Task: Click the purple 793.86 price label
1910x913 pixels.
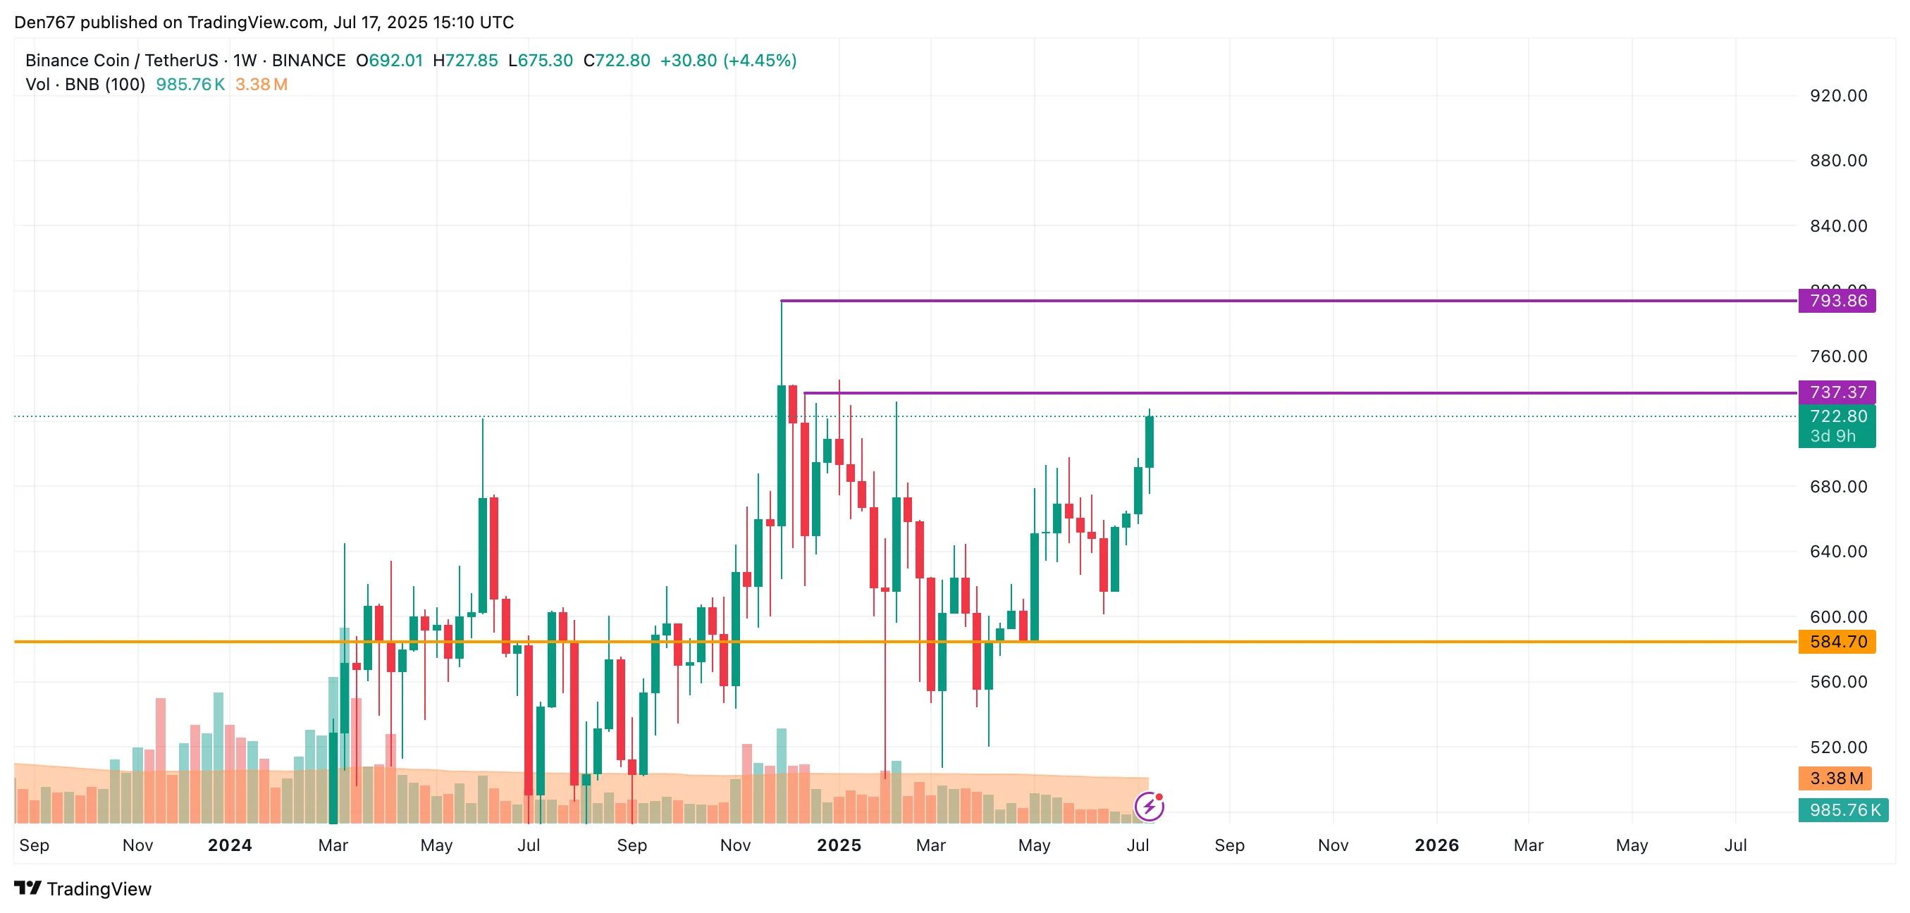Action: (x=1837, y=301)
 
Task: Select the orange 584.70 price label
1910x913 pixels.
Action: (x=1837, y=642)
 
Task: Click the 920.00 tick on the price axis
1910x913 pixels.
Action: (x=1838, y=96)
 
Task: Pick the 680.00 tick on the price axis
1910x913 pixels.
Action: (x=1838, y=487)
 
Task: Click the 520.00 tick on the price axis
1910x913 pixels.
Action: (x=1838, y=747)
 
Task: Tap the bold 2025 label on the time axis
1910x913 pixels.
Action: (x=839, y=845)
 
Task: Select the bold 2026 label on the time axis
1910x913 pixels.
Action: (x=1436, y=845)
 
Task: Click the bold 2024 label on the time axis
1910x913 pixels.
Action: (x=230, y=845)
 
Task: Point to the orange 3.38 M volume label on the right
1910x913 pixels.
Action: (x=1835, y=778)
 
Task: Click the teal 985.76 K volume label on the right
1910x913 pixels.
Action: (x=1844, y=810)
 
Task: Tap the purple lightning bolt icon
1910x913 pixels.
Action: (x=1150, y=807)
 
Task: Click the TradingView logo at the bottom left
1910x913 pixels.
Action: (x=82, y=888)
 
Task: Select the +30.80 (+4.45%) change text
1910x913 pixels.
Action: (x=728, y=61)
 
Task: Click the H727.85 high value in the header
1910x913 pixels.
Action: (x=465, y=61)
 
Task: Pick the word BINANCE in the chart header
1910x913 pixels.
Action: (x=309, y=61)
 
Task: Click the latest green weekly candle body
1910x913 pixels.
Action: (x=1150, y=442)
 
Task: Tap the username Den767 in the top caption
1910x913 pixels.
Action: (x=44, y=23)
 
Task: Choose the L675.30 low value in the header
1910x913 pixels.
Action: (x=541, y=61)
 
